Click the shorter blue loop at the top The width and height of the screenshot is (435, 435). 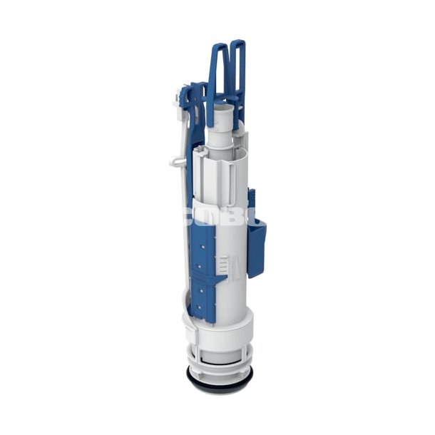217,71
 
